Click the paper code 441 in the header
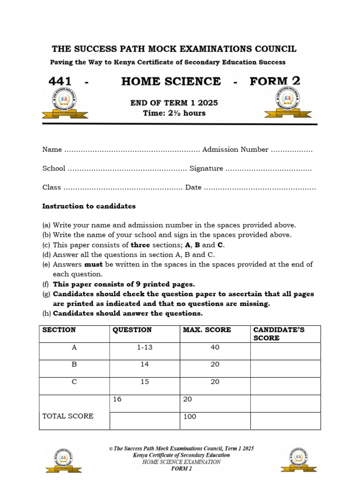[x=60, y=82]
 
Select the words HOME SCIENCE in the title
[x=171, y=82]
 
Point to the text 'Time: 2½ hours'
[x=174, y=113]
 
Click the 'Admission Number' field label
[x=235, y=150]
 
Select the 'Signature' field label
[x=206, y=168]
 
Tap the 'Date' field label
[x=193, y=187]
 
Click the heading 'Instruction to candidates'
[x=89, y=206]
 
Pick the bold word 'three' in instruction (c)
[x=140, y=245]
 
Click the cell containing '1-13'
[x=145, y=348]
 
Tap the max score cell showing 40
[x=215, y=348]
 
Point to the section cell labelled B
[x=74, y=364]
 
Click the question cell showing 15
[x=145, y=382]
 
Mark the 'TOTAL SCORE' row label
[x=68, y=416]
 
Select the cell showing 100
[x=190, y=417]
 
